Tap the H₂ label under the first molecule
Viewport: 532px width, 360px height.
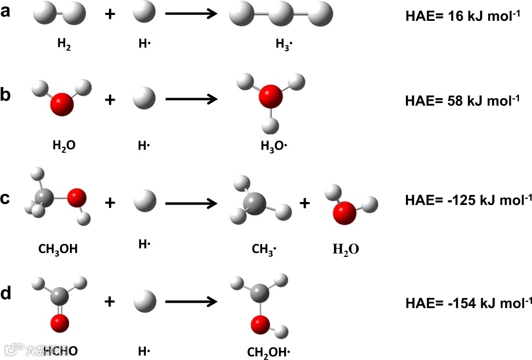(65, 43)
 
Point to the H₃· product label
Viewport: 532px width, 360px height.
(284, 44)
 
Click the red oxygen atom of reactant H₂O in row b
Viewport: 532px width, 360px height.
(61, 104)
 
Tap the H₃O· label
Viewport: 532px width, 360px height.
(272, 145)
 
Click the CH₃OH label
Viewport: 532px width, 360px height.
(58, 248)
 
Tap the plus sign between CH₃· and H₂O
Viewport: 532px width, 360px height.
(304, 203)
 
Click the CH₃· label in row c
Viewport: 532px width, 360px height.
(265, 248)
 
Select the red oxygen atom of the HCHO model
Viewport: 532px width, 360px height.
(60, 322)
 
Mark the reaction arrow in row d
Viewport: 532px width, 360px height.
(191, 302)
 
